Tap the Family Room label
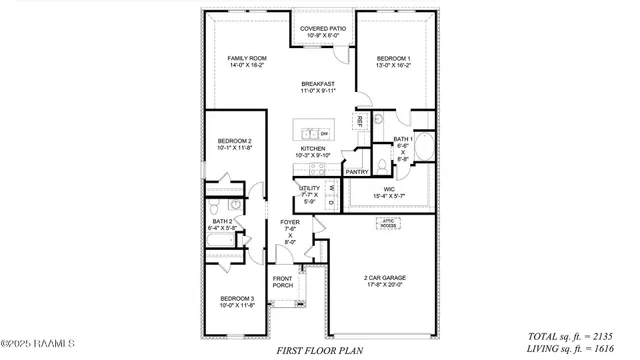pos(246,62)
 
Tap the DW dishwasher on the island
pos(325,133)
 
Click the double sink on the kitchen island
pos(306,133)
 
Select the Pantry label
pos(357,172)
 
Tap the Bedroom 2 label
pos(235,145)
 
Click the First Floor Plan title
pos(319,350)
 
